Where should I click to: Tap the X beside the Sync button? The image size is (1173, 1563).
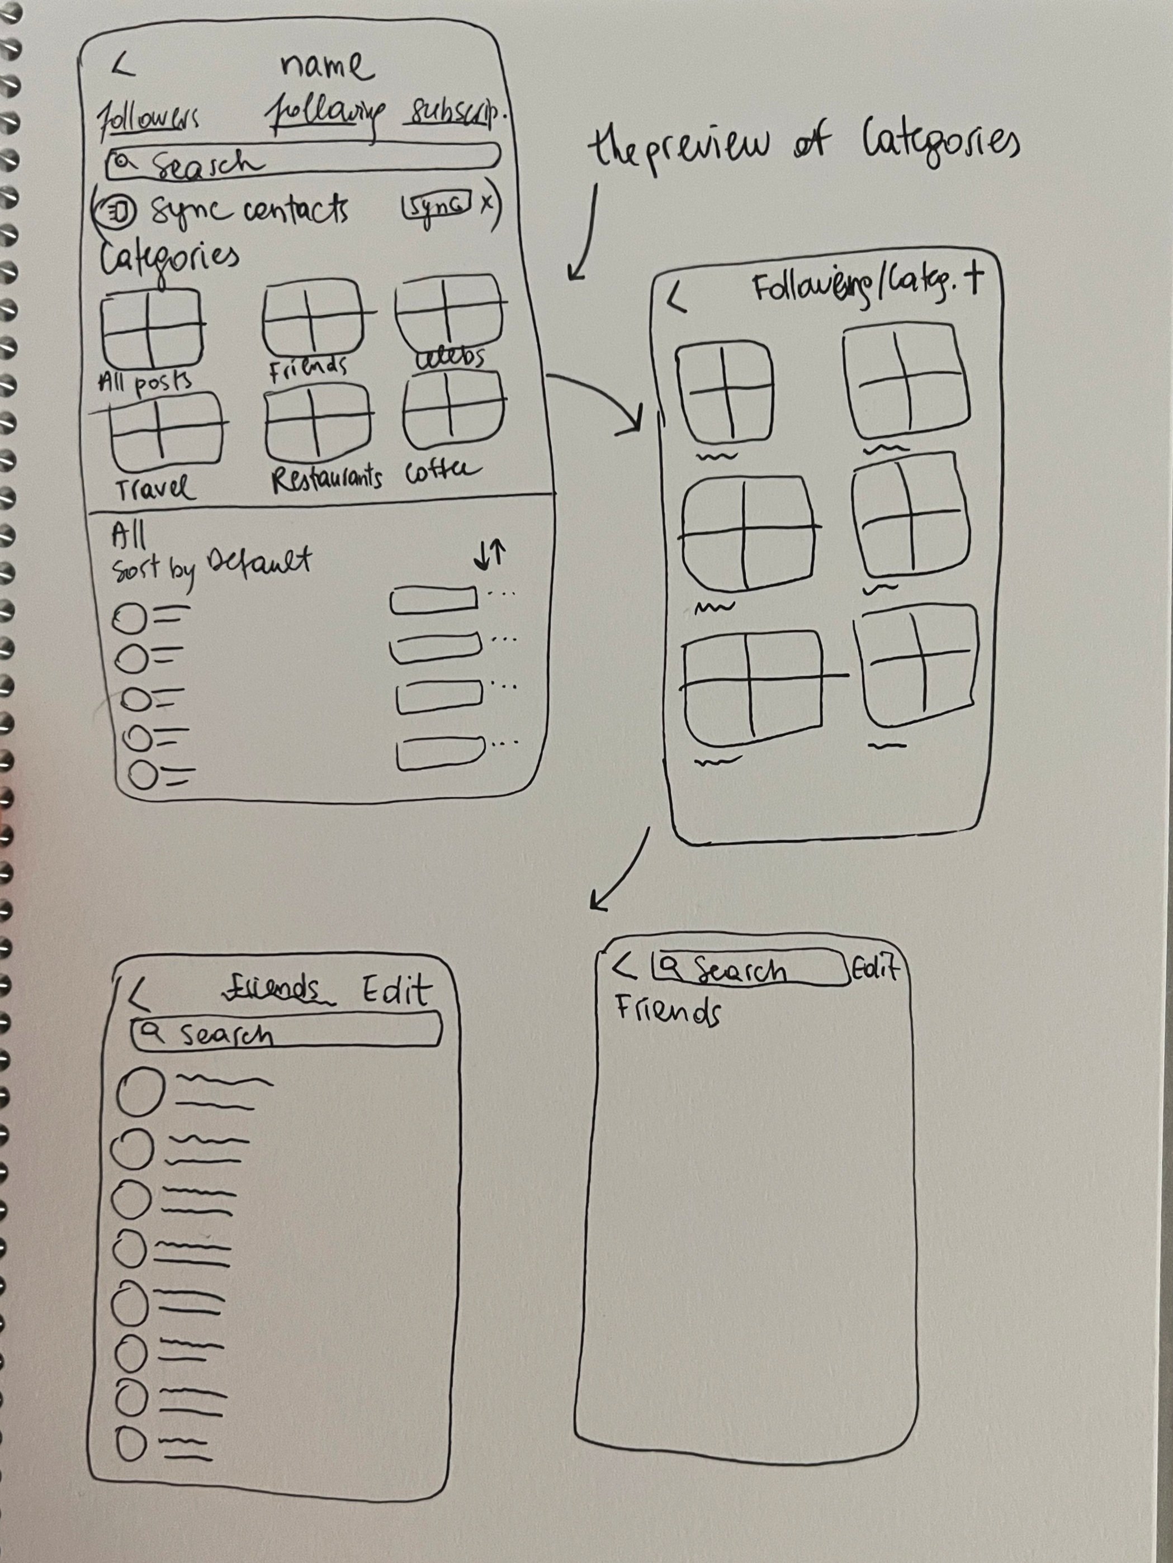[486, 204]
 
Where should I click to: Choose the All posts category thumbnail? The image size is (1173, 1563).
[150, 328]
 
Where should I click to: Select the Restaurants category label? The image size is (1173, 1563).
[327, 478]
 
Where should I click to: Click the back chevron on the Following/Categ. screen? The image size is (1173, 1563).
[677, 299]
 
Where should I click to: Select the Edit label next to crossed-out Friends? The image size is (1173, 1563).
[396, 991]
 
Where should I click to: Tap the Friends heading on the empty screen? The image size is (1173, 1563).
[668, 1011]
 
